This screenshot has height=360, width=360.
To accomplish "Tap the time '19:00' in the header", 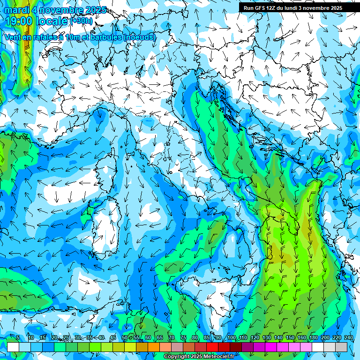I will [x=20, y=21].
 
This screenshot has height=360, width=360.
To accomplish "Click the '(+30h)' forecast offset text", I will [x=82, y=21].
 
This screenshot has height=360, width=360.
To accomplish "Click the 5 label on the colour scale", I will [x=18, y=337].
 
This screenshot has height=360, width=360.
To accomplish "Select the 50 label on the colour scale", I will [x=124, y=337].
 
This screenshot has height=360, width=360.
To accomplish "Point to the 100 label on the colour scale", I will [x=232, y=337].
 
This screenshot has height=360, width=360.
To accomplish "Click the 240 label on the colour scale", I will [x=349, y=337].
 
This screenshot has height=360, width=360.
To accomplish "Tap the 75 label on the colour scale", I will [x=183, y=337].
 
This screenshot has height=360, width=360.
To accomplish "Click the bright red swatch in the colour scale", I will [x=212, y=347].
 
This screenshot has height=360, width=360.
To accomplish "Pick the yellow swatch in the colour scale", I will [x=130, y=347].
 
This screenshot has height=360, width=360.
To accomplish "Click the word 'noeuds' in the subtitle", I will [x=139, y=37].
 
